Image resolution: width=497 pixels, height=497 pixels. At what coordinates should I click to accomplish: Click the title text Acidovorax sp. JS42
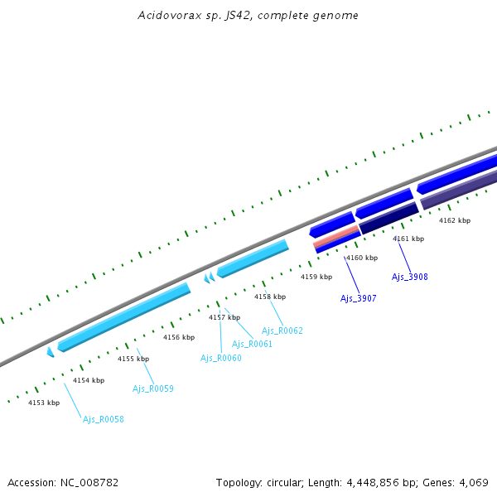[248, 16]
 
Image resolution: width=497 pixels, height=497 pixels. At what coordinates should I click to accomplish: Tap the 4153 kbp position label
[44, 403]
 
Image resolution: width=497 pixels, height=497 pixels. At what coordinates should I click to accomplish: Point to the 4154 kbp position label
[89, 380]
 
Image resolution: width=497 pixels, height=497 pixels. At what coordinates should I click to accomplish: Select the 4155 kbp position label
[133, 359]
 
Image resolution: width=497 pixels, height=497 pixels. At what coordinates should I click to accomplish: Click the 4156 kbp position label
[179, 337]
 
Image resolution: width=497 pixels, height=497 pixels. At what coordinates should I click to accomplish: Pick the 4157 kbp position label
[224, 317]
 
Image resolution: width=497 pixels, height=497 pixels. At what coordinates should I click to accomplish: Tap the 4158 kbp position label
[270, 297]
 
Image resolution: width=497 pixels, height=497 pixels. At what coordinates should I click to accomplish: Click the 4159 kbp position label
[316, 277]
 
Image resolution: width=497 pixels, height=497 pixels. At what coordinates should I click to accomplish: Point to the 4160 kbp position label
[362, 258]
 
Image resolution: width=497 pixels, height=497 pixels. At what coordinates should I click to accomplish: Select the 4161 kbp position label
[408, 239]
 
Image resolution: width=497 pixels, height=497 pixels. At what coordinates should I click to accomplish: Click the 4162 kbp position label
[455, 220]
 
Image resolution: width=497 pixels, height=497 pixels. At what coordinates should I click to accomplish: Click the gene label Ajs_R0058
[104, 419]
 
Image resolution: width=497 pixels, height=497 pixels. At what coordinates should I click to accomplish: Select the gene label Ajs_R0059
[153, 388]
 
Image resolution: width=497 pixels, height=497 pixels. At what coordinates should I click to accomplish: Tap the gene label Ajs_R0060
[221, 358]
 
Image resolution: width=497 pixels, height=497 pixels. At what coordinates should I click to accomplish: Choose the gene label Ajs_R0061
[252, 344]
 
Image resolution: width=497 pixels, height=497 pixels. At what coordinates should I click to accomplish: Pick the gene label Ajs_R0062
[282, 331]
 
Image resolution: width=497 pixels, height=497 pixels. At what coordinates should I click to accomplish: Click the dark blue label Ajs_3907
[359, 297]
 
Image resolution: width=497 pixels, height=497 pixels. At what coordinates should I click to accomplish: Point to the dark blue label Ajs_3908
[410, 277]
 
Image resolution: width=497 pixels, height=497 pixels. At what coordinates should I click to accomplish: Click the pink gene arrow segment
[336, 236]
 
